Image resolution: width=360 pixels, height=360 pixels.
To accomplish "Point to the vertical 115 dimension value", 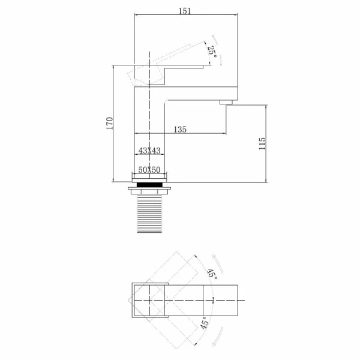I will [261, 144].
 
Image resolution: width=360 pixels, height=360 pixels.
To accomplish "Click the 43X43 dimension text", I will [149, 150].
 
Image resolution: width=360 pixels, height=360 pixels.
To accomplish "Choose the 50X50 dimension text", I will [149, 170].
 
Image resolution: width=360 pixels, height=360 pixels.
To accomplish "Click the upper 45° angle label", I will [211, 274].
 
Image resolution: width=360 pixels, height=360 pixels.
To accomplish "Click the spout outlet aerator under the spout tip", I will [226, 103].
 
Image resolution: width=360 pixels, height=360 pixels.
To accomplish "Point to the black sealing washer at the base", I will [149, 184].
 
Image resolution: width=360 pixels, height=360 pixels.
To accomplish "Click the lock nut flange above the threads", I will [149, 192].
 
